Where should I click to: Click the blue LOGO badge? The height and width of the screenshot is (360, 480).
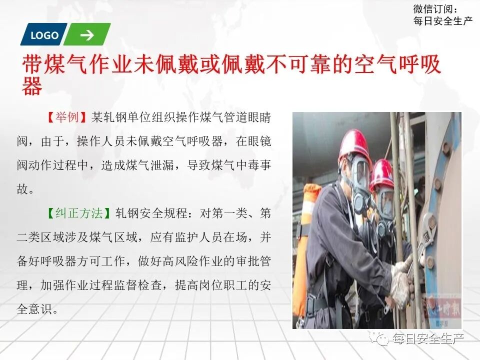(x=44, y=35)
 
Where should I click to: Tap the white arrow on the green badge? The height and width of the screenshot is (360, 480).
(x=87, y=35)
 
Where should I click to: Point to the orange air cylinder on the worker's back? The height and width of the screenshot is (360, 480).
(x=306, y=240)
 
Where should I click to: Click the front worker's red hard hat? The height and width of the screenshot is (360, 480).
(x=354, y=145)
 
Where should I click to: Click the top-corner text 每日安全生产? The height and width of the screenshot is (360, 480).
(x=442, y=21)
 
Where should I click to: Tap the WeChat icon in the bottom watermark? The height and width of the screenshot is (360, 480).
(x=382, y=339)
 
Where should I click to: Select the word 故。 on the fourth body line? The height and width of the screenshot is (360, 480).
(x=25, y=189)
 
